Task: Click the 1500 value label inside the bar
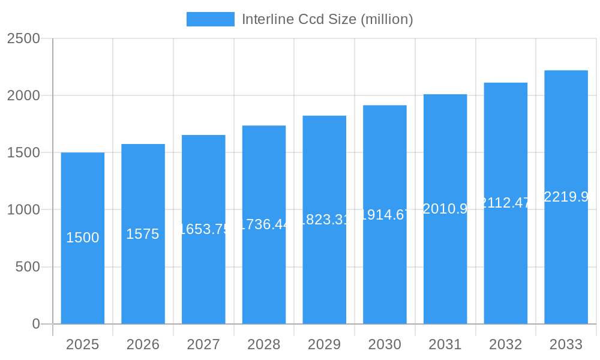click(83, 238)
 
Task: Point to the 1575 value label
click(143, 234)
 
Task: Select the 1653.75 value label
click(204, 229)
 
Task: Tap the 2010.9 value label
click(445, 209)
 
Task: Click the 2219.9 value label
click(566, 197)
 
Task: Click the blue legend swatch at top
click(210, 19)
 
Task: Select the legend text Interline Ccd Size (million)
click(327, 19)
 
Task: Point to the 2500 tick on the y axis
click(23, 38)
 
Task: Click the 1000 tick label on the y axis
click(23, 210)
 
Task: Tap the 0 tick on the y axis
click(35, 324)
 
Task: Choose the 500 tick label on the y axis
click(28, 267)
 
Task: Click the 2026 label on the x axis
click(143, 344)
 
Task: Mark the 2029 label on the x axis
click(324, 344)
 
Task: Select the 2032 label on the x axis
click(505, 344)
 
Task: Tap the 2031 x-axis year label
click(445, 344)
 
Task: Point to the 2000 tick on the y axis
click(23, 95)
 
